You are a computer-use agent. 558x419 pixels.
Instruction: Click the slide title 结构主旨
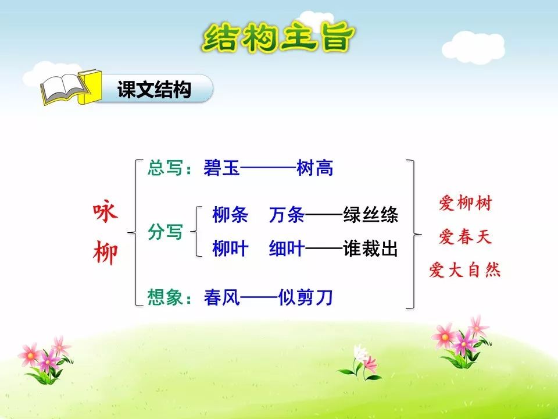point(278,37)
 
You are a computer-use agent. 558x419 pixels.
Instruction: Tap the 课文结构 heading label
point(154,90)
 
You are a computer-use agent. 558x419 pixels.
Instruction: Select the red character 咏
point(106,214)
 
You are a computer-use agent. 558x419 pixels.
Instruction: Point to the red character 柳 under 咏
point(106,253)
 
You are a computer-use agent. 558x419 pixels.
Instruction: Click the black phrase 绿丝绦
point(370,215)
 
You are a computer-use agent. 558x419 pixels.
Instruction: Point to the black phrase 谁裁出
point(370,249)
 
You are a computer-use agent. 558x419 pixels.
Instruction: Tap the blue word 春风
point(221,298)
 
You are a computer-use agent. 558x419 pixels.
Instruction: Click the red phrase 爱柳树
point(465,204)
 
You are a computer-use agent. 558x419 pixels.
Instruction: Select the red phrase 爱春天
point(465,237)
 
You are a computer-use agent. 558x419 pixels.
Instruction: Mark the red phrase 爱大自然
point(465,271)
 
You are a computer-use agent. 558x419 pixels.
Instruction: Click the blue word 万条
point(287,215)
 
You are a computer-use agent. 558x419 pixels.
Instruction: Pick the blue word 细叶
point(287,249)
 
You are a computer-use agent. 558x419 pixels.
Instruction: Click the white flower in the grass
point(360,351)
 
